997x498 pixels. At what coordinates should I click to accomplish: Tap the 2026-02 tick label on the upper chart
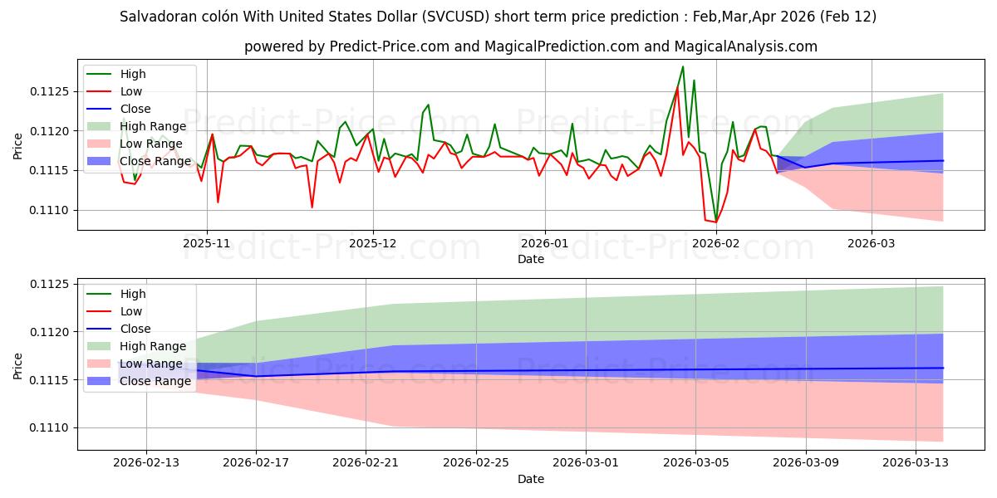tap(715, 244)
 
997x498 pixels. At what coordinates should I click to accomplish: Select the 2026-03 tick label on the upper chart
tap(872, 244)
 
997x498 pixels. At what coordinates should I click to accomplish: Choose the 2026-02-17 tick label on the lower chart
tap(255, 461)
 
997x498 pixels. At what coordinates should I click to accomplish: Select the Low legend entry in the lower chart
tap(131, 311)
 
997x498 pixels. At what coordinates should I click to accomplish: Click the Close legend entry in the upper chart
tap(135, 109)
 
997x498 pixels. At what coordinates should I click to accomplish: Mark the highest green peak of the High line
tap(683, 66)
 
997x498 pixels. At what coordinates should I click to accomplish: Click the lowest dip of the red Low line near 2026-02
tap(715, 222)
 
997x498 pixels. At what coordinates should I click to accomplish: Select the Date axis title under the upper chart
tap(531, 259)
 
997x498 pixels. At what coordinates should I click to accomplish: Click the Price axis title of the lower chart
tap(18, 365)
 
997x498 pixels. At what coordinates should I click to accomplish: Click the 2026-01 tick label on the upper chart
tap(544, 244)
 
